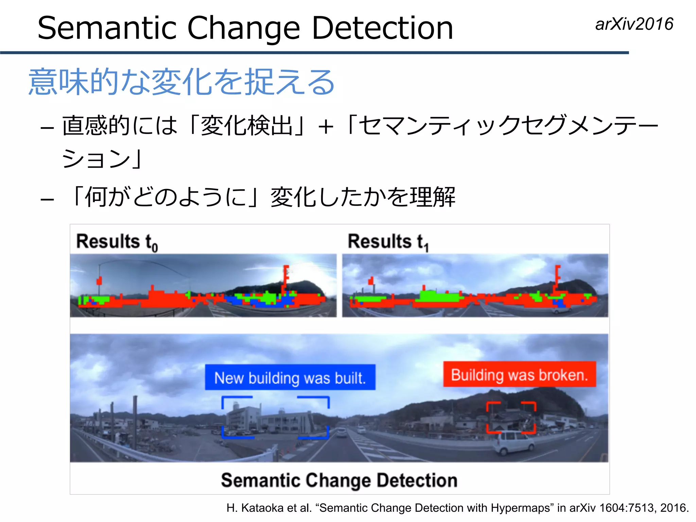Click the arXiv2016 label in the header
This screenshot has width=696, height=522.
[x=634, y=24]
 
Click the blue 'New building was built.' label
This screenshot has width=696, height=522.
[x=290, y=377]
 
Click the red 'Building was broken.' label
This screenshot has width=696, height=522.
[x=519, y=374]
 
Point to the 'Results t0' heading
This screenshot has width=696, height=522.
[x=117, y=242]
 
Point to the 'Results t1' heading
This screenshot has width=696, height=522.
[x=388, y=242]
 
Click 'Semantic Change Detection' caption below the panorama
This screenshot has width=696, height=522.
[x=339, y=480]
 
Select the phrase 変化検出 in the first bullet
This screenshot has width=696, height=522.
[x=247, y=126]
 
